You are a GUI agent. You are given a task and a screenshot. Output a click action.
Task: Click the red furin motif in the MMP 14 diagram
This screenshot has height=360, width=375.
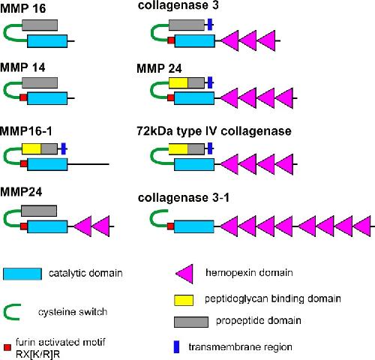pyautogui.click(x=23, y=97)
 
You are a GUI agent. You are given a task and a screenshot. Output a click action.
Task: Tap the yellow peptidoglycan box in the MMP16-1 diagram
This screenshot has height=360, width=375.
pyautogui.click(x=31, y=148)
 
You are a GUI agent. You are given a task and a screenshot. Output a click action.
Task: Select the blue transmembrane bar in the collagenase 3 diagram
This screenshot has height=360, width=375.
pyautogui.click(x=210, y=25)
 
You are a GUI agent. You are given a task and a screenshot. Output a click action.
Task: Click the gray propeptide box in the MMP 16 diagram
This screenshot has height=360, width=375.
pyautogui.click(x=40, y=25)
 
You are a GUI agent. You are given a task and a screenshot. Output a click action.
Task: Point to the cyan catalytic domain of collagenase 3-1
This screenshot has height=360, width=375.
pyautogui.click(x=194, y=226)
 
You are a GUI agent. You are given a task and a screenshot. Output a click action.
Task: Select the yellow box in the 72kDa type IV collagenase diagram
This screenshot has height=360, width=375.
pyautogui.click(x=178, y=149)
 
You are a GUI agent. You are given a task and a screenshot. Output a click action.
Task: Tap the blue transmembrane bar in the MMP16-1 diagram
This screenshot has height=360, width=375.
pyautogui.click(x=64, y=148)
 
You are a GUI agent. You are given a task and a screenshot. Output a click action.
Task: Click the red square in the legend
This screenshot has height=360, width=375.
pyautogui.click(x=7, y=347)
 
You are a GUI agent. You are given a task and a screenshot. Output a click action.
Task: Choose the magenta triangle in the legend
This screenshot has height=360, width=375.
pyautogui.click(x=184, y=274)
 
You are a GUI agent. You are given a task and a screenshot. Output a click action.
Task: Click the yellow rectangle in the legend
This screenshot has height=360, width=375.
pyautogui.click(x=184, y=300)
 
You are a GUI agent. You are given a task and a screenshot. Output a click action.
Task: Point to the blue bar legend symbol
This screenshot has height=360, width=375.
pyautogui.click(x=176, y=347)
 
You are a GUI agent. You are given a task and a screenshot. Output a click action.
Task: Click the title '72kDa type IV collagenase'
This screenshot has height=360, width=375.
pyautogui.click(x=214, y=131)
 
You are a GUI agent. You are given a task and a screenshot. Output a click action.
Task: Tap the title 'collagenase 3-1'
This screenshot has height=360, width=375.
pyautogui.click(x=184, y=198)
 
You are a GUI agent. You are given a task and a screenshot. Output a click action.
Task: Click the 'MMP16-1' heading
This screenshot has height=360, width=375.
pyautogui.click(x=26, y=131)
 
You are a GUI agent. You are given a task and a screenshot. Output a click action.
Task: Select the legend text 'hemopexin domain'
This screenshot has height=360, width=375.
pyautogui.click(x=249, y=272)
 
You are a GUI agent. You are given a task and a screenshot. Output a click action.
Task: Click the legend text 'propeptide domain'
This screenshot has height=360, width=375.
pyautogui.click(x=259, y=321)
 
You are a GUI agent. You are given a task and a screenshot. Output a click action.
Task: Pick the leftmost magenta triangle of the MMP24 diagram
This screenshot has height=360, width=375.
pyautogui.click(x=82, y=226)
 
